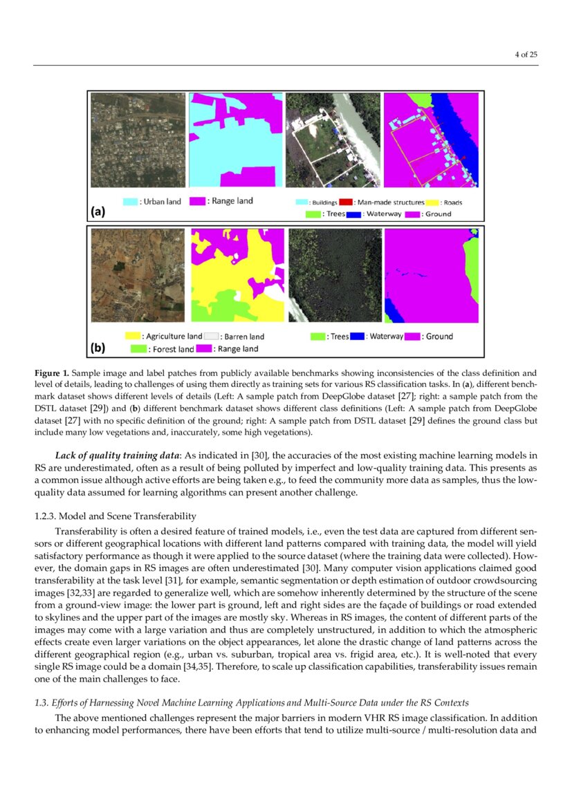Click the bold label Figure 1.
click(53, 373)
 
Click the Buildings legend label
click(322, 203)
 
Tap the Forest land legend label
click(171, 349)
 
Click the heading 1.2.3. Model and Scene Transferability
click(115, 516)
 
